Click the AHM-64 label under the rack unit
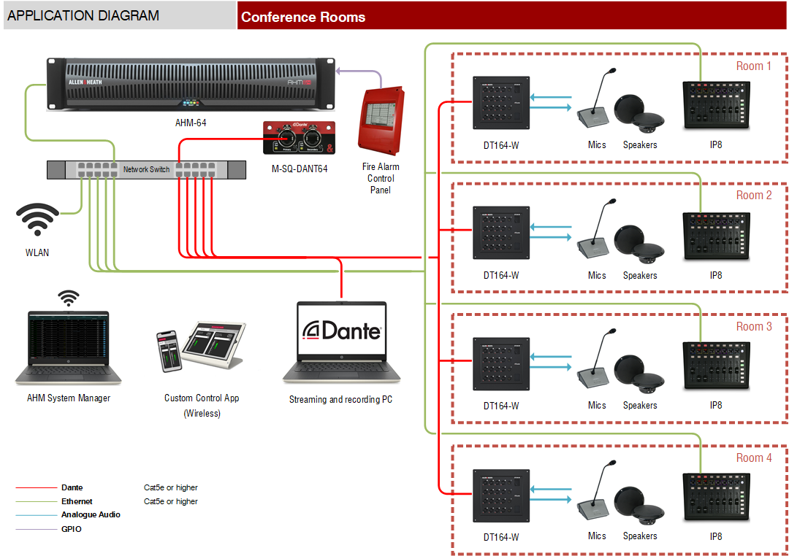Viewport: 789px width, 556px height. point(191,123)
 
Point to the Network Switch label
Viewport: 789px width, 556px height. point(146,169)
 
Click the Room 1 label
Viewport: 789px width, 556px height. point(753,66)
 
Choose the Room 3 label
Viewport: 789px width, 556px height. point(753,326)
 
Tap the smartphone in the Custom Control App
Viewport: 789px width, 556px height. point(168,350)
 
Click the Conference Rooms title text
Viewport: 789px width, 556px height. point(303,17)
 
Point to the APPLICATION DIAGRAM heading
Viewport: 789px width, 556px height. point(83,15)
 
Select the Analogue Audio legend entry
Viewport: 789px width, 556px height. point(91,514)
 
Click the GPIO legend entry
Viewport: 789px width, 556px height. point(72,529)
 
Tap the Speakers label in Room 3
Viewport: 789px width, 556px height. point(640,405)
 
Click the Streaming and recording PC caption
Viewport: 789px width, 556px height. point(340,399)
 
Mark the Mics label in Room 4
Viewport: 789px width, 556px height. point(597,536)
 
